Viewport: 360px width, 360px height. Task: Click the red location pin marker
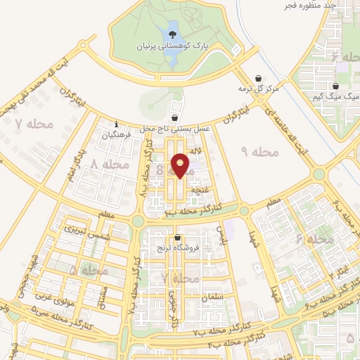click(x=181, y=165)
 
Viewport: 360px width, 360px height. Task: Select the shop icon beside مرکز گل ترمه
click(x=260, y=79)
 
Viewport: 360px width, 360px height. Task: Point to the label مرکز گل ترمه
click(x=259, y=89)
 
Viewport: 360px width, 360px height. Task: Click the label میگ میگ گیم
click(x=335, y=96)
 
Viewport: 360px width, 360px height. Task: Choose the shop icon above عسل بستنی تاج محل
click(x=174, y=117)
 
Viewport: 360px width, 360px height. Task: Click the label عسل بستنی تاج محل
click(x=167, y=129)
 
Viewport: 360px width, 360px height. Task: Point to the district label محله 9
click(x=260, y=151)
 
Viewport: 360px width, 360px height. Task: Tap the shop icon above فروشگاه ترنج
click(x=177, y=237)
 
